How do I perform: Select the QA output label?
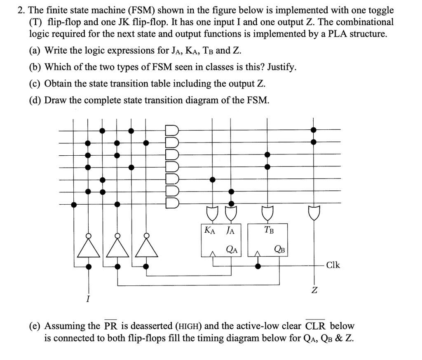232,248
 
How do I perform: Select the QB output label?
279,248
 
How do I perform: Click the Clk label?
333,265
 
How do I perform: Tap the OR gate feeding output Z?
314,213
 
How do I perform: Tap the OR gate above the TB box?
267,213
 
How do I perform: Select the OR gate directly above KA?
212,213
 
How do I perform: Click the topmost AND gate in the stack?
171,131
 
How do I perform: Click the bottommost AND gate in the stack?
171,204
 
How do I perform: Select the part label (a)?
35,51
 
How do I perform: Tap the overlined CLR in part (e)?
315,326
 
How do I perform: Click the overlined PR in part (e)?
110,326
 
